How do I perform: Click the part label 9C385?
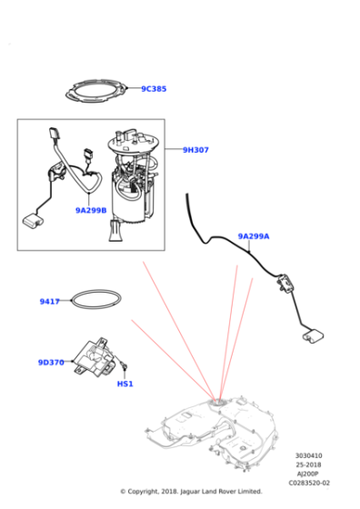point(154,89)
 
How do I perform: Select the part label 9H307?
point(195,150)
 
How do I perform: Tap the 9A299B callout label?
point(91,210)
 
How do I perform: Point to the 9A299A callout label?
point(254,236)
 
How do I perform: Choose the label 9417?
point(50,302)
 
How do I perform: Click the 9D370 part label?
point(51,363)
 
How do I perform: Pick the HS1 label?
point(125,384)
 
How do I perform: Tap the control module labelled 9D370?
point(95,357)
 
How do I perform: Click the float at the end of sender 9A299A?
point(313,336)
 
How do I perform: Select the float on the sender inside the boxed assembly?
point(33,220)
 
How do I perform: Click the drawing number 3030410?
point(309,455)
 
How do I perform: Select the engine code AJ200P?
point(308,474)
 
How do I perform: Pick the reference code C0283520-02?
point(309,483)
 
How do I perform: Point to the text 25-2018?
point(308,464)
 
